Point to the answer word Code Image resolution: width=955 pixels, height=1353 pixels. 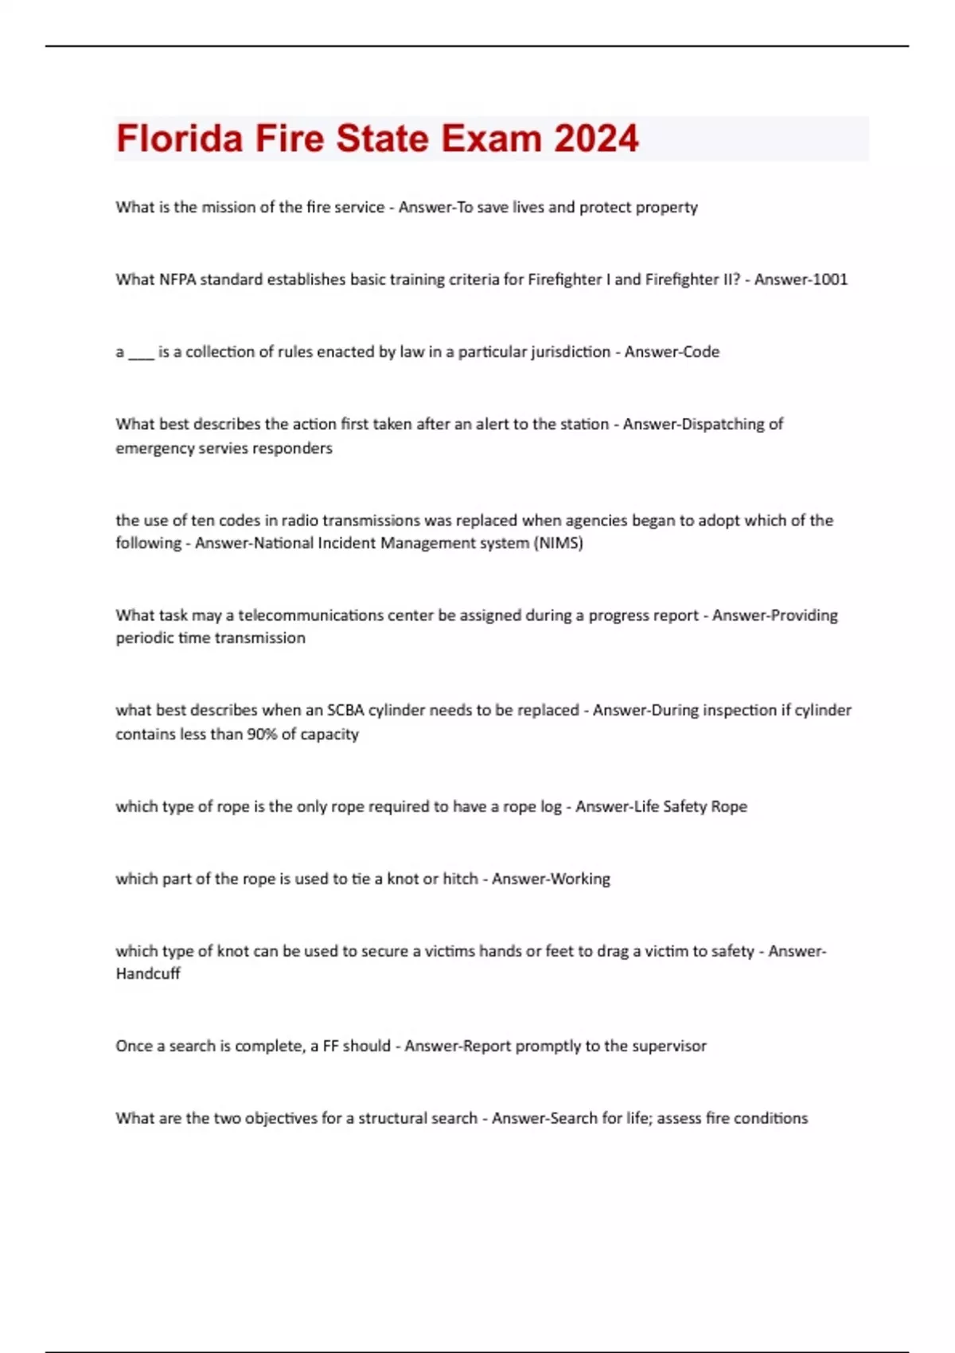(702, 352)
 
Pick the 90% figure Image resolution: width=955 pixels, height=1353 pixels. (261, 734)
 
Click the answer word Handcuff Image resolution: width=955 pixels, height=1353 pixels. (148, 973)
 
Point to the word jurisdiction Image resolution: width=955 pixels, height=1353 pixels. (570, 352)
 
